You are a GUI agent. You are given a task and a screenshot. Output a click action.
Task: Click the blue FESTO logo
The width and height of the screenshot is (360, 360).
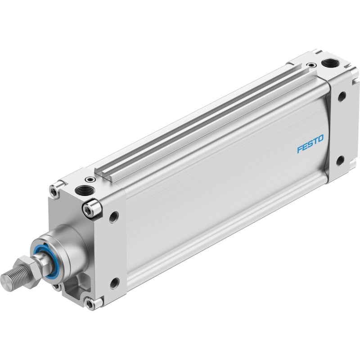pyautogui.click(x=310, y=144)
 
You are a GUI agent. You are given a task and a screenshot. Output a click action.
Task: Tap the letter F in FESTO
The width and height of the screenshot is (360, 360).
pyautogui.click(x=300, y=149)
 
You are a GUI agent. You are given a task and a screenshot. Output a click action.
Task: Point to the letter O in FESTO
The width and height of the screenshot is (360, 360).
pyautogui.click(x=321, y=138)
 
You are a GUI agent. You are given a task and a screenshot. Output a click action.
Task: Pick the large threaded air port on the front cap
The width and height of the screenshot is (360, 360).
pyautogui.click(x=85, y=190)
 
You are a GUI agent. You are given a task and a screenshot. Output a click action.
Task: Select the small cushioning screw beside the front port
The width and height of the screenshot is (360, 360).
pyautogui.click(x=90, y=179)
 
